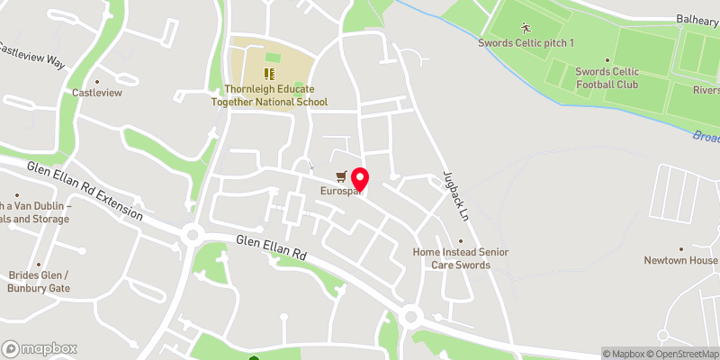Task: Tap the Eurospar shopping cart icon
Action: tap(340, 176)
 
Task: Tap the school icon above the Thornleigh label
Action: tap(268, 73)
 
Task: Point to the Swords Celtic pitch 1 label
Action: tap(526, 43)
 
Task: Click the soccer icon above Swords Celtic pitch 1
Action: tap(526, 28)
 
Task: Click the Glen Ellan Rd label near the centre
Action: tap(272, 247)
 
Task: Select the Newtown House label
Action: tap(680, 260)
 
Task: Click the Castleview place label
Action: tap(96, 93)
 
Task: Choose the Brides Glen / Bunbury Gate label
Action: tap(40, 282)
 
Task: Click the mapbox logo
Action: tap(40, 348)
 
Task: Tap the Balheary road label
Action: tap(697, 19)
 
